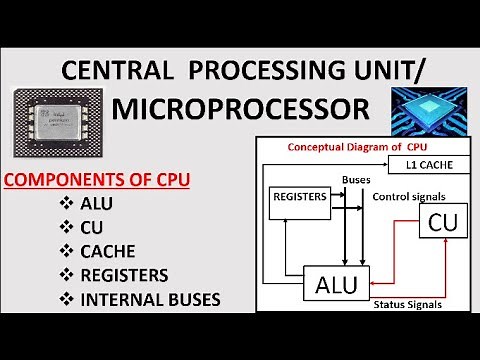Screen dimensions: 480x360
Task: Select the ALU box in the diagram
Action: (336, 283)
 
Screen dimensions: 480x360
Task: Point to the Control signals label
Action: (408, 196)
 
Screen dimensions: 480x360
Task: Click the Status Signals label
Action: (407, 303)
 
